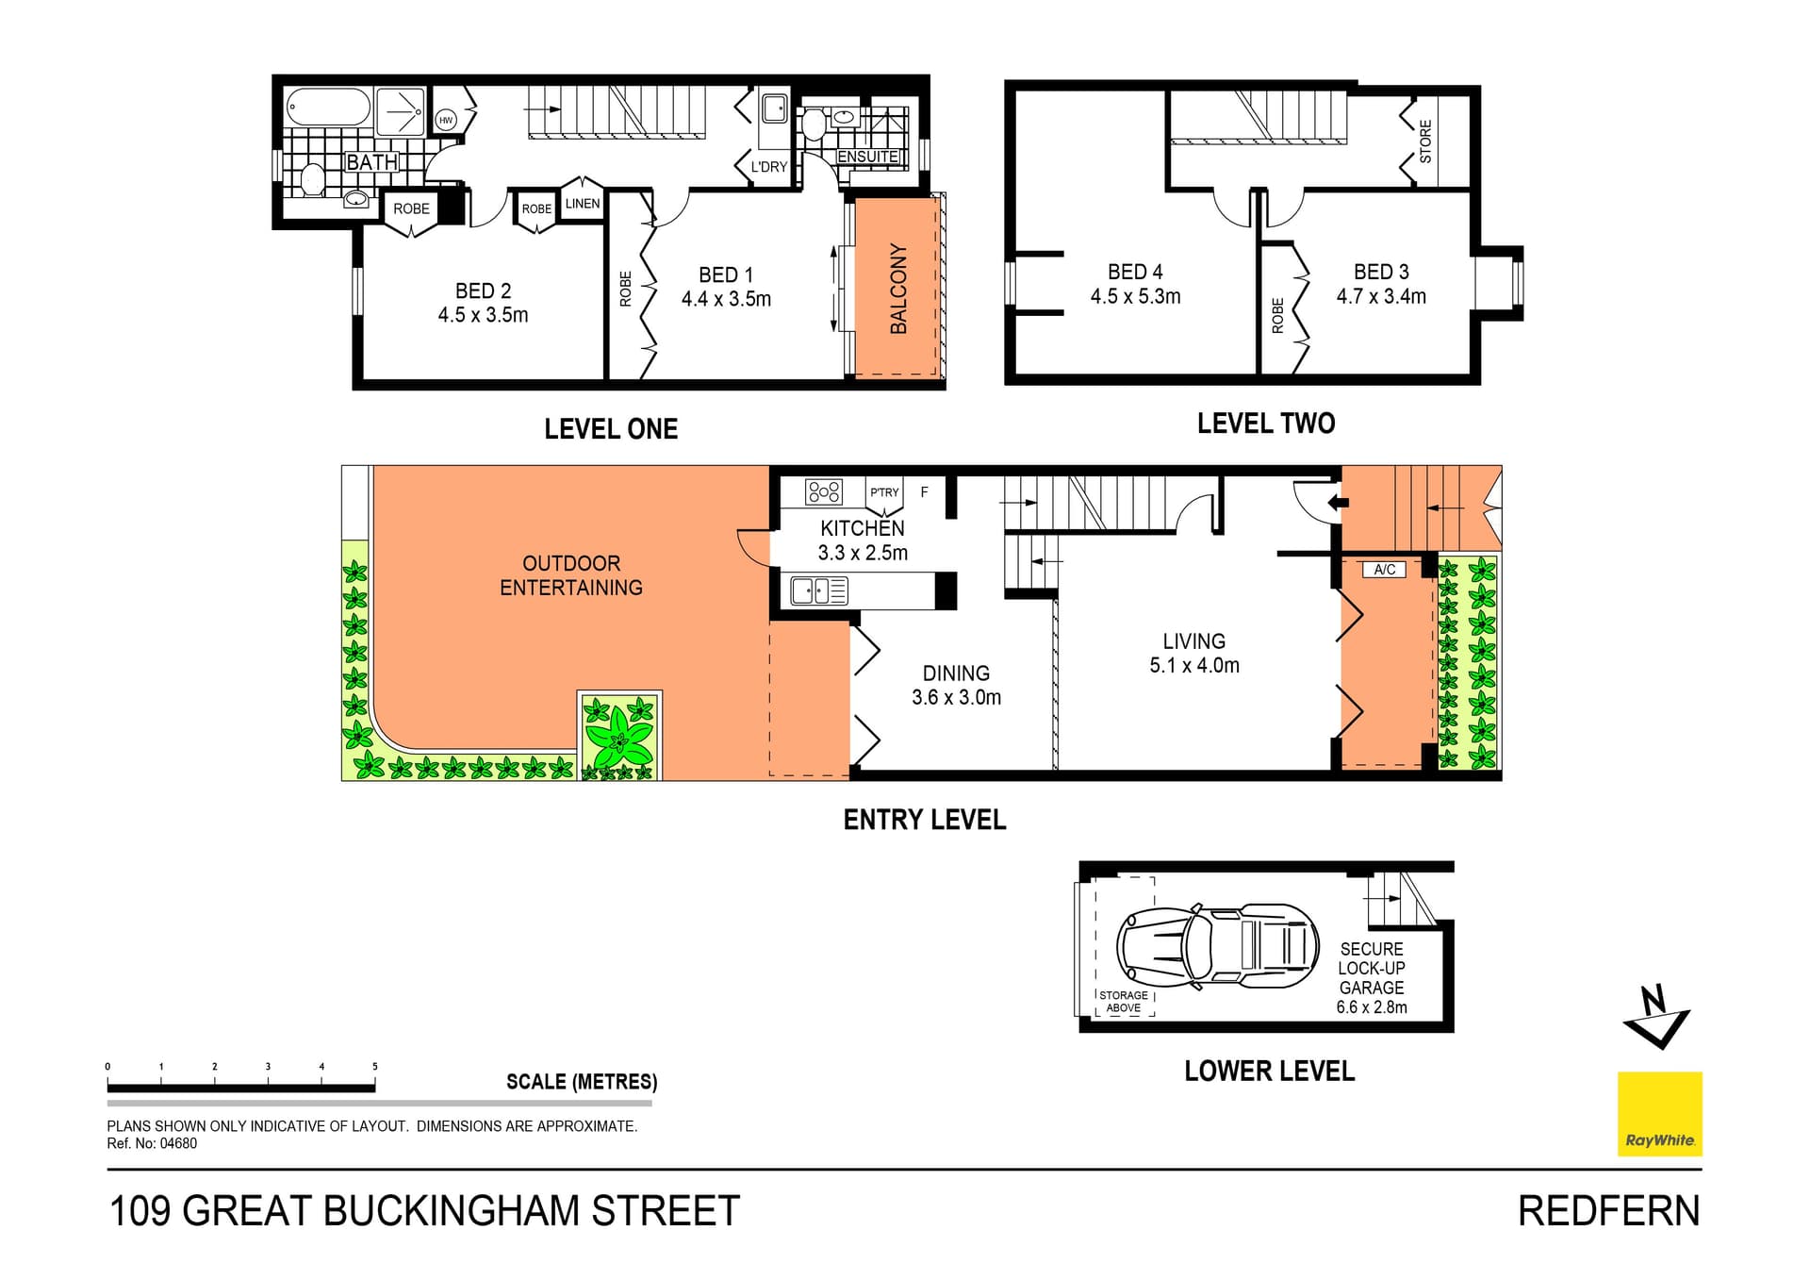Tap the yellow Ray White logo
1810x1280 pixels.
[1659, 1113]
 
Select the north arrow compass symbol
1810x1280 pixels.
[1656, 1017]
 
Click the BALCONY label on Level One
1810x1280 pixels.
[898, 289]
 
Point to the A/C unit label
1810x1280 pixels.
[1384, 570]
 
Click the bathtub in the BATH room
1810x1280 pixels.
[328, 108]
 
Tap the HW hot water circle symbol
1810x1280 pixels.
[446, 120]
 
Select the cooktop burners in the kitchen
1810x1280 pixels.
[823, 491]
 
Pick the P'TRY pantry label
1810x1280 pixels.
[884, 492]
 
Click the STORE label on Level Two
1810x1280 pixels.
[1425, 141]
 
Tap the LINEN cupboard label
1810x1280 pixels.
[582, 204]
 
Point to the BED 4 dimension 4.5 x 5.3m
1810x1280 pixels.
[1135, 296]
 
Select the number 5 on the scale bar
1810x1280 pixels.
[375, 1067]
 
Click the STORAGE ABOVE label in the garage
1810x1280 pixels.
[1124, 1002]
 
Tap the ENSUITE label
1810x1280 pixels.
[867, 157]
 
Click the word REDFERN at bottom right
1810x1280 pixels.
[1608, 1212]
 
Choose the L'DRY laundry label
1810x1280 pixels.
[768, 167]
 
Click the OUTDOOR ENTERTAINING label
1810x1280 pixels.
[571, 575]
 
